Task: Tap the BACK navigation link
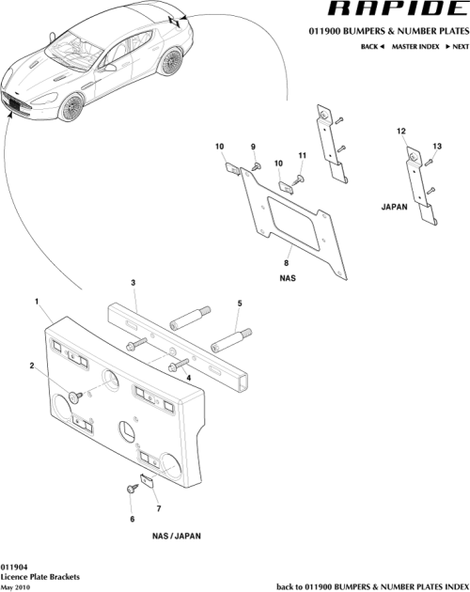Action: point(370,46)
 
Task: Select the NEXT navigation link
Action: point(456,46)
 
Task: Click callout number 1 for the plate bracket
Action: point(37,302)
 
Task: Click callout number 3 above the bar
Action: point(133,282)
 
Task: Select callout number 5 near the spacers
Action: point(239,303)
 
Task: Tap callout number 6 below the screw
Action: point(132,518)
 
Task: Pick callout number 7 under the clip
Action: point(156,508)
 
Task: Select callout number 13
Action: point(436,146)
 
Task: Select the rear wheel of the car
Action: point(171,64)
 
